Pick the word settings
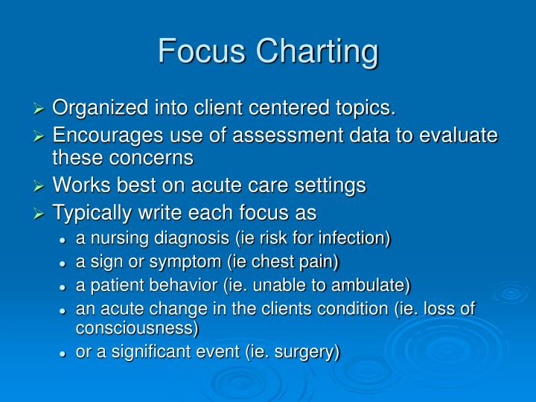(326, 186)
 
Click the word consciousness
(137, 328)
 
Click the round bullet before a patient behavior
(66, 286)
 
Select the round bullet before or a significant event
(66, 352)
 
